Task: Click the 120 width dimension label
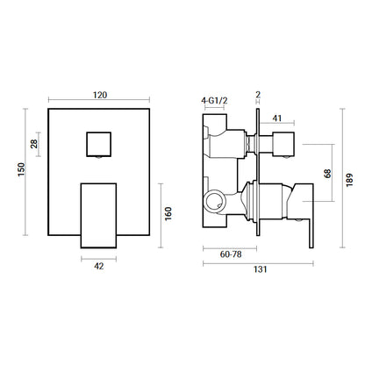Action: click(x=100, y=95)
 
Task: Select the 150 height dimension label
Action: click(x=22, y=169)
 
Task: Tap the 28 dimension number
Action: click(x=34, y=144)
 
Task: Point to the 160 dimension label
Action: click(x=168, y=214)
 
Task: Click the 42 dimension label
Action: click(x=99, y=266)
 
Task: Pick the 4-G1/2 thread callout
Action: click(x=214, y=101)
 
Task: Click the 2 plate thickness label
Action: click(x=258, y=95)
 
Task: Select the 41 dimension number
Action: click(x=276, y=118)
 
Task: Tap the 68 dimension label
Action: click(x=328, y=173)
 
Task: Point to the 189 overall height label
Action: click(x=349, y=180)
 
